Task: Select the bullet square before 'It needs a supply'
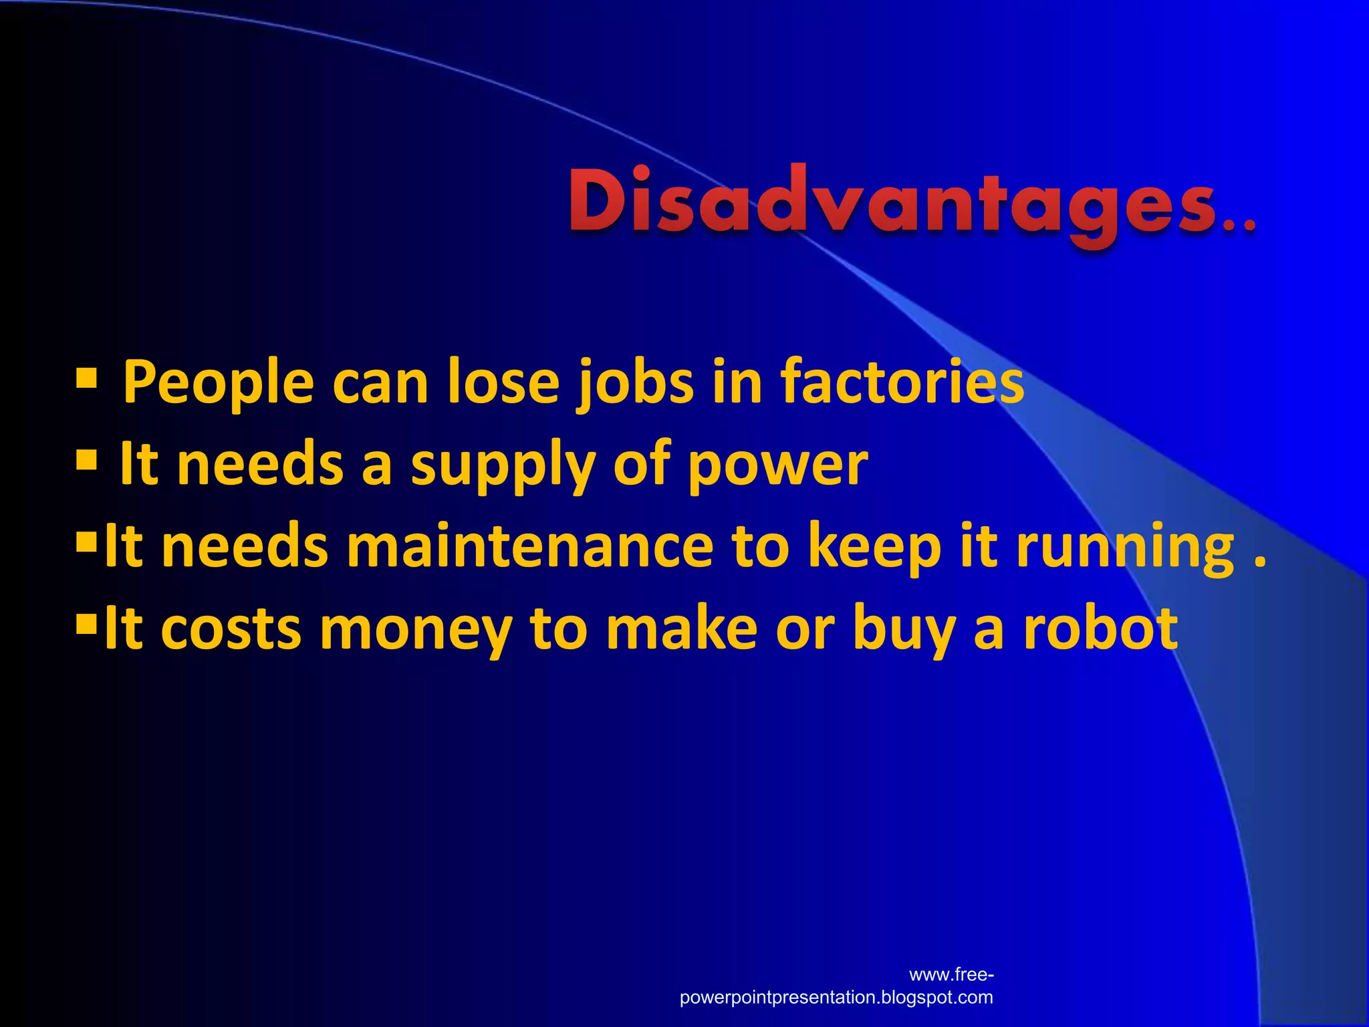[x=87, y=460]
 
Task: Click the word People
[x=218, y=383]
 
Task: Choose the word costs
[x=231, y=629]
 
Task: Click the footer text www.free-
[x=951, y=974]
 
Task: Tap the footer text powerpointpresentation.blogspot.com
[x=836, y=998]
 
